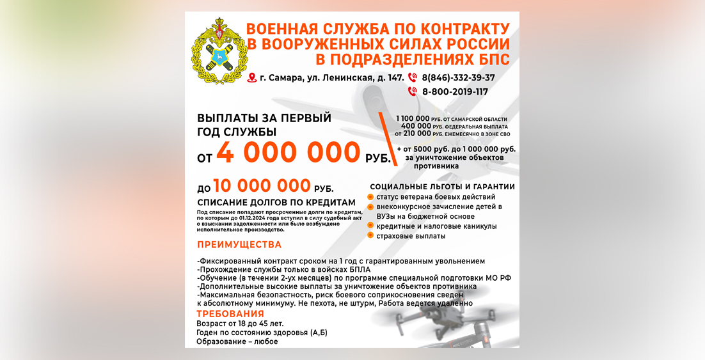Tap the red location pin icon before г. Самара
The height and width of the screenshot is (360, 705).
tap(252, 78)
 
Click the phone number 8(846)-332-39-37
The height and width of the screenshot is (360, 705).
tap(458, 78)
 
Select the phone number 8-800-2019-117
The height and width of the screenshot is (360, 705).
tap(455, 92)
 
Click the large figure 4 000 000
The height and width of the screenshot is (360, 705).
tap(288, 153)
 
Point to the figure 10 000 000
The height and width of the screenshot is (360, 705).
tap(262, 186)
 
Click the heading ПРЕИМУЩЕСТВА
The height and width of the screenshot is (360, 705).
tap(239, 245)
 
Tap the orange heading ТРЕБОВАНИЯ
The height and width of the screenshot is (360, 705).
tap(230, 314)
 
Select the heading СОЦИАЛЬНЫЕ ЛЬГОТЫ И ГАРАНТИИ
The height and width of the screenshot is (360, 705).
tap(442, 187)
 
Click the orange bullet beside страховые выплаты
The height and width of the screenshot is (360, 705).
tap(370, 236)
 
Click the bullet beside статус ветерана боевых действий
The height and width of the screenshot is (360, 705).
tap(370, 196)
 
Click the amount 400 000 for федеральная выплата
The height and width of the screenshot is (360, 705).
tap(418, 127)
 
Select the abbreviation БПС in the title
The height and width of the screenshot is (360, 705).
tap(493, 59)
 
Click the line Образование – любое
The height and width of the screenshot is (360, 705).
tap(237, 342)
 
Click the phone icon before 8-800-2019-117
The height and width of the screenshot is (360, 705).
tap(413, 92)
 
